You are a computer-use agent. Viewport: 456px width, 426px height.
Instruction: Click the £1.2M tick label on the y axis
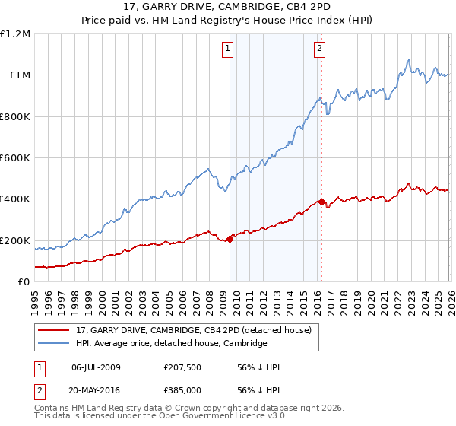15,33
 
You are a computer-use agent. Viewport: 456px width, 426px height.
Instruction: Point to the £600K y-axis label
15,158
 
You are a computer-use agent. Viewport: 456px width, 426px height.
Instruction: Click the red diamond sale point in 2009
230,239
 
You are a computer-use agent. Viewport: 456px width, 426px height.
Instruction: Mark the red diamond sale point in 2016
321,202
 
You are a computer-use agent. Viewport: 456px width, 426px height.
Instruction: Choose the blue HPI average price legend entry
171,344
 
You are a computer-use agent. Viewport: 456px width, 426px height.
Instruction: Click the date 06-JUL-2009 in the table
96,367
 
